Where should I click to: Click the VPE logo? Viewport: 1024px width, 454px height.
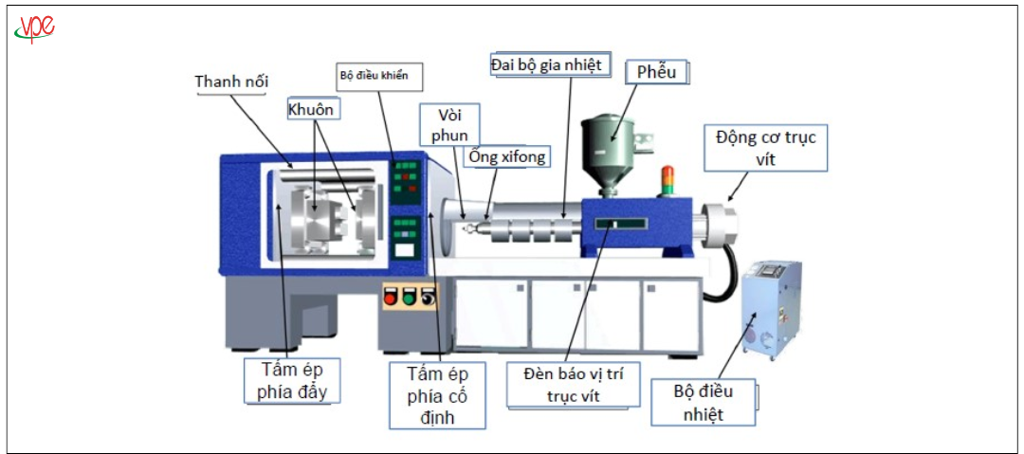[34, 29]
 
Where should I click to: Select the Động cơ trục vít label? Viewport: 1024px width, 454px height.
[766, 148]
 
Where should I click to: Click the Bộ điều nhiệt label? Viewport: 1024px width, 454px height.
[704, 403]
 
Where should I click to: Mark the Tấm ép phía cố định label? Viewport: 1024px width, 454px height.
[439, 393]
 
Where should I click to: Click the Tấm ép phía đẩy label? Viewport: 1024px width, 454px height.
[291, 380]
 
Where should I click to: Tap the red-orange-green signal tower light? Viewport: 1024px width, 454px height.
[667, 180]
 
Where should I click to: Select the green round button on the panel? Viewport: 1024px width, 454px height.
[409, 298]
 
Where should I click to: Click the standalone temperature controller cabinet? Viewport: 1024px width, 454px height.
[770, 308]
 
